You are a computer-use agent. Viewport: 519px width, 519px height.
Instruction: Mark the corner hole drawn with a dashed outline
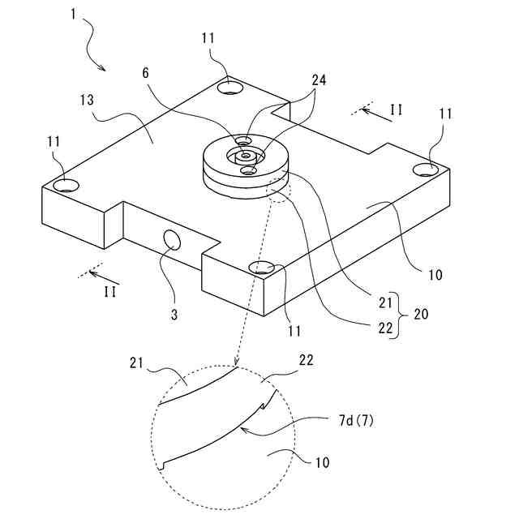coord(265,268)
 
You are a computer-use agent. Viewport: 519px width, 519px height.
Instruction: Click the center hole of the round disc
coord(244,153)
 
